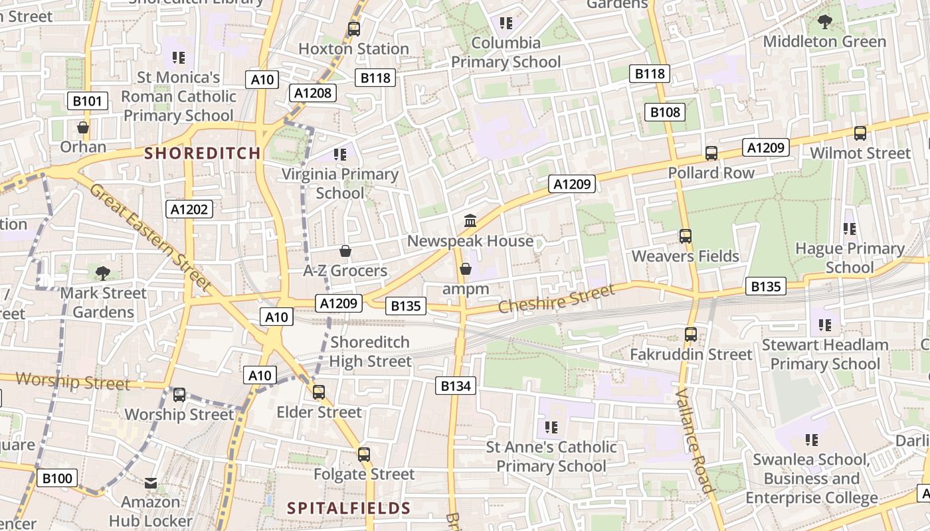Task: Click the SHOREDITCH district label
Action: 203,153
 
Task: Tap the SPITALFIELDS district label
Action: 349,508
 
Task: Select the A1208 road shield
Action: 312,93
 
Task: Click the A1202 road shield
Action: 189,210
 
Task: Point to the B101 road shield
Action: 88,102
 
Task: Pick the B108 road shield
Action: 665,112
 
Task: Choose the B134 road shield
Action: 456,386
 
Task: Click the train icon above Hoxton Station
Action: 354,29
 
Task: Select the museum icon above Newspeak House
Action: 470,220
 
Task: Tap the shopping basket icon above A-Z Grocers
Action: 345,251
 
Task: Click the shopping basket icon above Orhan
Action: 83,127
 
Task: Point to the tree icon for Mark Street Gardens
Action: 102,273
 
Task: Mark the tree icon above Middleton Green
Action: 824,22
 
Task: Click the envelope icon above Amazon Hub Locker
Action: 151,483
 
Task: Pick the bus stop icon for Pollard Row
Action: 711,153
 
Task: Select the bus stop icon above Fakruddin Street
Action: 691,335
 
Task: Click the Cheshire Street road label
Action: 556,299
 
